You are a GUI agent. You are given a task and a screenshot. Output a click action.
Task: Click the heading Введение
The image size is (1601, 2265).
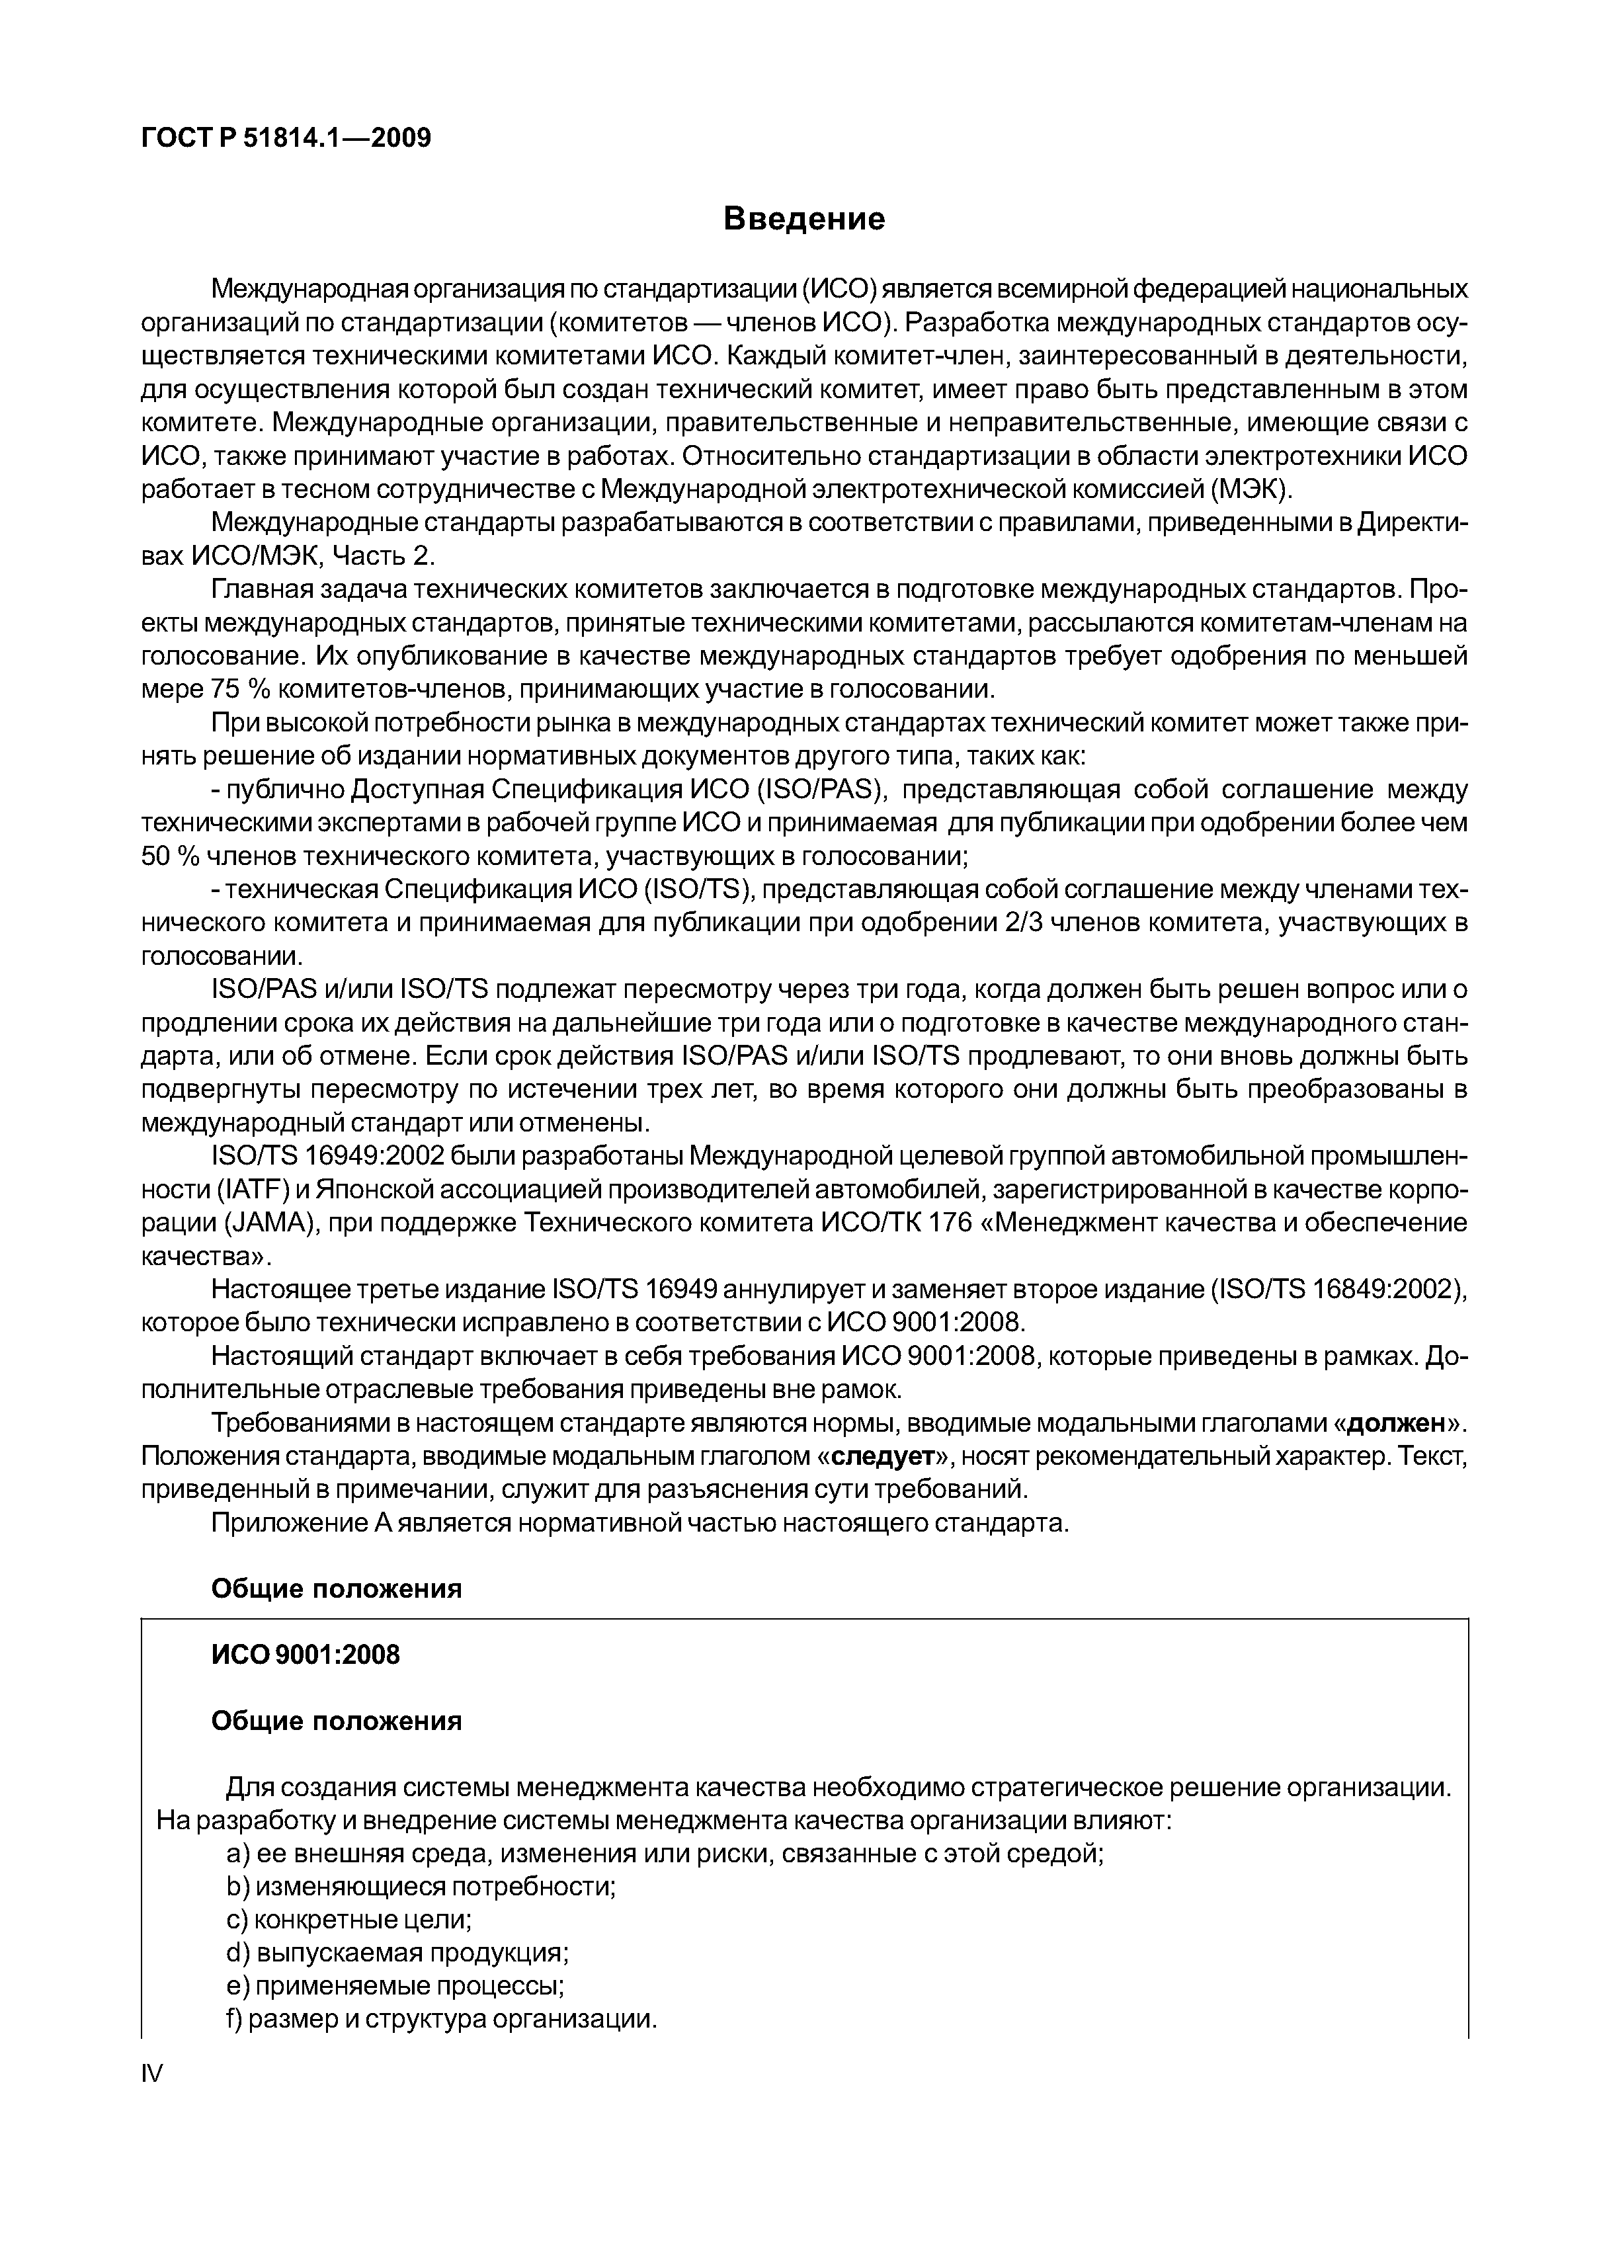tap(804, 218)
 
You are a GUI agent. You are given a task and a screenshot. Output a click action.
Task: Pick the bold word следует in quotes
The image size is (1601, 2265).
tap(883, 1457)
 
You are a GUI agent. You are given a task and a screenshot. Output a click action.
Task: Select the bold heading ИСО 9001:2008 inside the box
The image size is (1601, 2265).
tap(306, 1655)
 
